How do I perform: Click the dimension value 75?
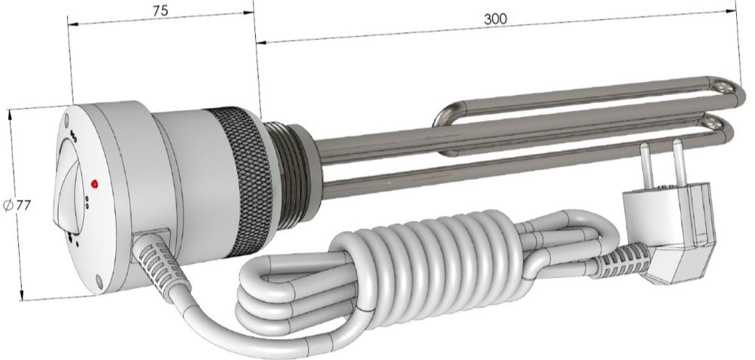coord(160,11)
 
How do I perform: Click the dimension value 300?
coord(495,19)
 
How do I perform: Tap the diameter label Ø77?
coord(17,205)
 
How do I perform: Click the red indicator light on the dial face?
coord(94,183)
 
